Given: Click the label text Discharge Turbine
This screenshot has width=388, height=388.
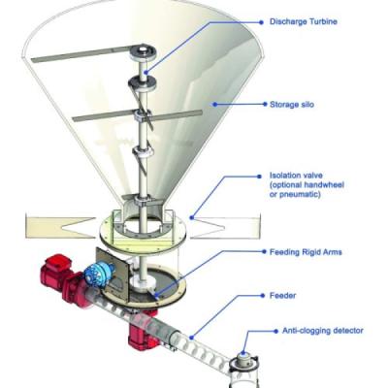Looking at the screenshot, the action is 304,21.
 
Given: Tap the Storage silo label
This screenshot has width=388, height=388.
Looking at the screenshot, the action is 292,105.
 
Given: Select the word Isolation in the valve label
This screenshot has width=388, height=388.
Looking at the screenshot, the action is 282,176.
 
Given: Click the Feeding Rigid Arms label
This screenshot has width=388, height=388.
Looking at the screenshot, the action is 306,252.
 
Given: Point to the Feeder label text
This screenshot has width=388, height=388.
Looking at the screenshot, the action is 282,295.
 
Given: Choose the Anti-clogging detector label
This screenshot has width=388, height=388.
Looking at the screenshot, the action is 323,331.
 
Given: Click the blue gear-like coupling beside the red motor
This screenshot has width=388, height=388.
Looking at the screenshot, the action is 98,275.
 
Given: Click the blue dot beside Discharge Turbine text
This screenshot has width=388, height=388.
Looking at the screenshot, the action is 262,22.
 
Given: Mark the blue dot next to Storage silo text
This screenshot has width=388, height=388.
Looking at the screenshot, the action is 265,104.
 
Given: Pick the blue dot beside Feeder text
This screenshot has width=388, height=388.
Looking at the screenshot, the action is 263,295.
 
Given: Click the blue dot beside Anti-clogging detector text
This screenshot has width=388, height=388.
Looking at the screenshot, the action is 275,331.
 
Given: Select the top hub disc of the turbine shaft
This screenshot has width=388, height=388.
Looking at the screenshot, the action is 143,51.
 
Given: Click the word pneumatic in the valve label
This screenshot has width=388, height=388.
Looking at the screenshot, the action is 295,195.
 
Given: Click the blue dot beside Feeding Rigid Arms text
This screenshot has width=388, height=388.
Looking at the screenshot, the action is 265,252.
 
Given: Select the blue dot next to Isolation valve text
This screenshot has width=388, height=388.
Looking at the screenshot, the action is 259,177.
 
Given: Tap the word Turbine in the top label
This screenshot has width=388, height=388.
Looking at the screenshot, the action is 321,21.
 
